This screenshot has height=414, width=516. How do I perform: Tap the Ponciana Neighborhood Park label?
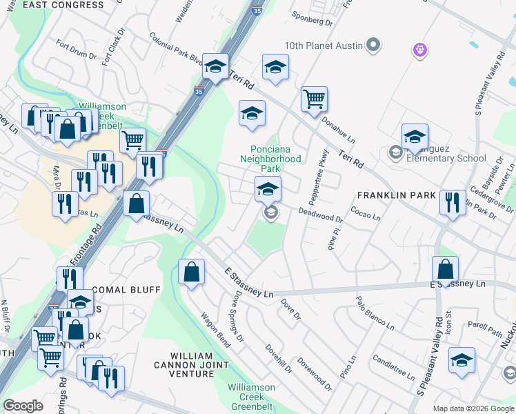coord(275,159)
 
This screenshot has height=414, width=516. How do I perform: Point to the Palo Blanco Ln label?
coord(375,312)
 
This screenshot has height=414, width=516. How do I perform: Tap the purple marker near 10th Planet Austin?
coord(420,50)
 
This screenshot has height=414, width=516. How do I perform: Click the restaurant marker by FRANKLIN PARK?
coord(452,202)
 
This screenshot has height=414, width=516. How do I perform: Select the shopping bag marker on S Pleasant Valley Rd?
coord(446,269)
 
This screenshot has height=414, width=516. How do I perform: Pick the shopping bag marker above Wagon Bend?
coord(191,272)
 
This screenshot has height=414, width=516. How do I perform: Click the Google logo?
coord(23,405)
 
